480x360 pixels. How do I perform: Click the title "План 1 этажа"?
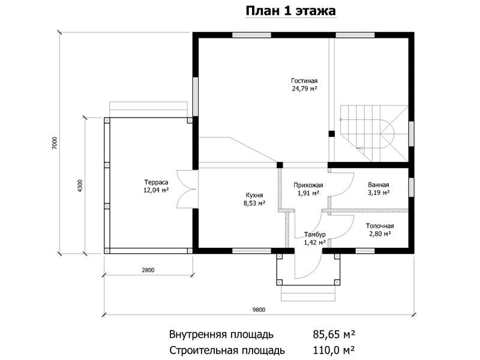[x=291, y=11]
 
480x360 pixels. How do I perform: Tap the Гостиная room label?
[x=304, y=81]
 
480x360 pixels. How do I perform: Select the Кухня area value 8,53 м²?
[x=254, y=203]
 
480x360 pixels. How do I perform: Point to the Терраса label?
[x=156, y=182]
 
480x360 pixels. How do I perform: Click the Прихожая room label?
[x=308, y=185]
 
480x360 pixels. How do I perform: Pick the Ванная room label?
[x=379, y=185]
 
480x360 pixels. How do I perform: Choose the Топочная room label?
[x=380, y=226]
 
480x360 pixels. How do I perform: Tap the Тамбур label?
[x=314, y=235]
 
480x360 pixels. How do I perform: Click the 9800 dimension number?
[x=259, y=310]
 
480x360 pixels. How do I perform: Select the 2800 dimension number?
[x=148, y=270]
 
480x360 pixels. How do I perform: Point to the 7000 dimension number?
[x=54, y=143]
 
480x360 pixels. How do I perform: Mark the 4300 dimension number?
[x=80, y=185]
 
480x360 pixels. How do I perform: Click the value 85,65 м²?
[x=334, y=334]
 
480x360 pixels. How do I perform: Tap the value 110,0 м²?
[x=334, y=350]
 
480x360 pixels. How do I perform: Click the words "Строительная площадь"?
[x=227, y=350]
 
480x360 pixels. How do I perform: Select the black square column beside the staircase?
[x=332, y=134]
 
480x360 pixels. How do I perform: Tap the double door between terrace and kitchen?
[x=186, y=190]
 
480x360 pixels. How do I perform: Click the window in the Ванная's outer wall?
[x=411, y=187]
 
